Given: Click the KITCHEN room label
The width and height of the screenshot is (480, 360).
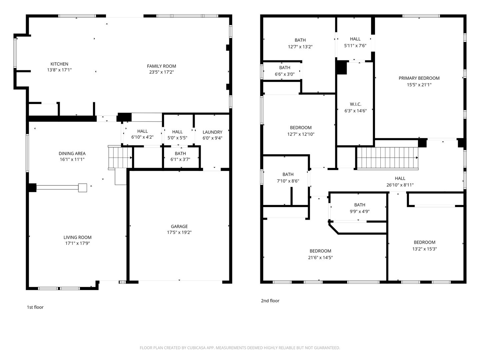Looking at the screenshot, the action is click(59, 64).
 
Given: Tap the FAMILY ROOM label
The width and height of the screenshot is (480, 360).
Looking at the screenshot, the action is click(161, 66).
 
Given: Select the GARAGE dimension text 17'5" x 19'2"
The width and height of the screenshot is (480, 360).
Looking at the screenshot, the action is click(179, 232).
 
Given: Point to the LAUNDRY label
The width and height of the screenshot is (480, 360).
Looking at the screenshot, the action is click(212, 132).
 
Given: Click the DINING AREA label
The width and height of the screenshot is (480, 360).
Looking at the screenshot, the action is click(72, 154).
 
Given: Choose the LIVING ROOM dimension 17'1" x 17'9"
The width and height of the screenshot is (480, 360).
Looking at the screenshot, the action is click(77, 243).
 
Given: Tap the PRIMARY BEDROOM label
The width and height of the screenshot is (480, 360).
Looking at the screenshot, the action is click(419, 78).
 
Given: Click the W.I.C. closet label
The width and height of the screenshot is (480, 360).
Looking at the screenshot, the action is click(355, 104).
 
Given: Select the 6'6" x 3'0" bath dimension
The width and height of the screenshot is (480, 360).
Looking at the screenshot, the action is click(285, 74).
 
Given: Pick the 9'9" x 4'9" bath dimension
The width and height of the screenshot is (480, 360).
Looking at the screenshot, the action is click(360, 211).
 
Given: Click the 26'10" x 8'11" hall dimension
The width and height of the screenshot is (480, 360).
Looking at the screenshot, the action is click(400, 185).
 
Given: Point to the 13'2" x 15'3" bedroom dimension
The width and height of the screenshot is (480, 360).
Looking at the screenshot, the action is click(424, 249).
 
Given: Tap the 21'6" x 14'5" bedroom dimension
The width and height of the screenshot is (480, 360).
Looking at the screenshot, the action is click(320, 257).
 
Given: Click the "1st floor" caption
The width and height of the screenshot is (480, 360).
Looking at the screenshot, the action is click(35, 307).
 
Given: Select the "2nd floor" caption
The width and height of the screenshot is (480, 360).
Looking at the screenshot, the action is click(270, 301).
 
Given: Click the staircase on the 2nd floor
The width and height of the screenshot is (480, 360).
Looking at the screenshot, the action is click(387, 158).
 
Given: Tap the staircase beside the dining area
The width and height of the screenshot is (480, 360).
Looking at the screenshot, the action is click(120, 157).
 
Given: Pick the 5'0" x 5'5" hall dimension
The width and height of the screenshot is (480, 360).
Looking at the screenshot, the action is click(177, 138).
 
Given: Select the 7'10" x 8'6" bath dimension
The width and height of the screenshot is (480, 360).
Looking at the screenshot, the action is click(288, 181).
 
